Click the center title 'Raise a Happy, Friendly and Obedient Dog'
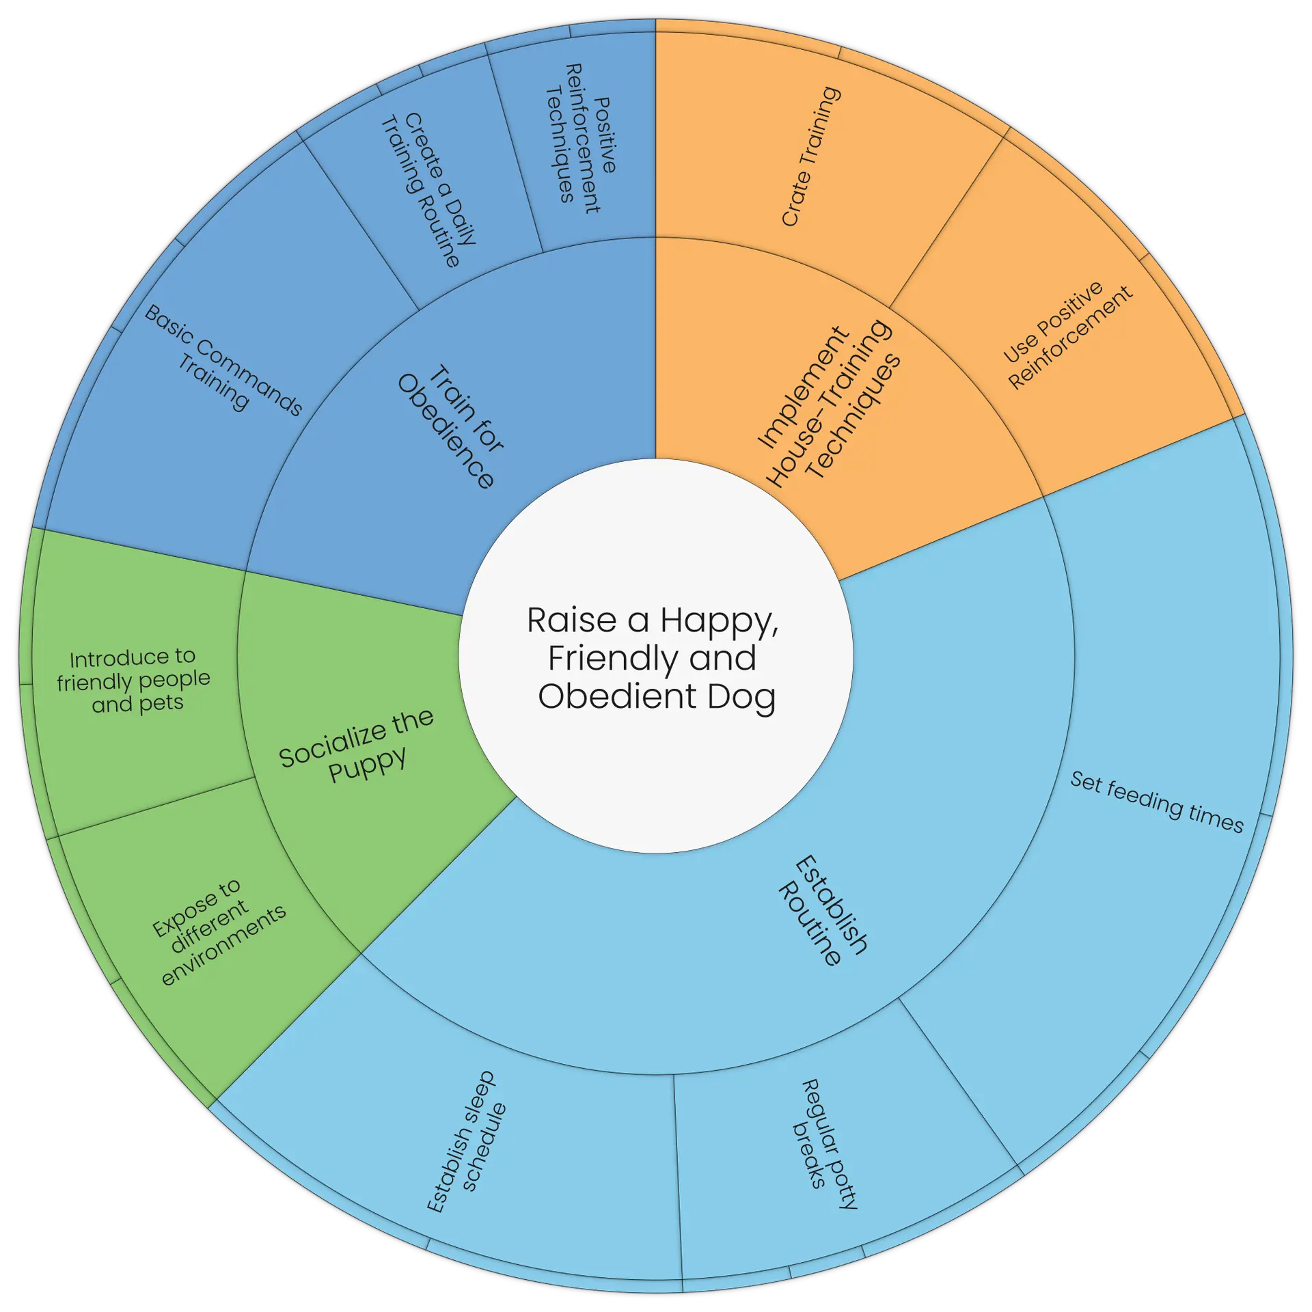tap(655, 658)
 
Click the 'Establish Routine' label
tap(823, 911)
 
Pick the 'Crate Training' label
tap(810, 156)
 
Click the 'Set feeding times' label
tap(1156, 802)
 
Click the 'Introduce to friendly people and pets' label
tap(134, 681)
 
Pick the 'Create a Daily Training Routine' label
tap(428, 190)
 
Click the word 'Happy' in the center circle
tap(718, 620)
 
